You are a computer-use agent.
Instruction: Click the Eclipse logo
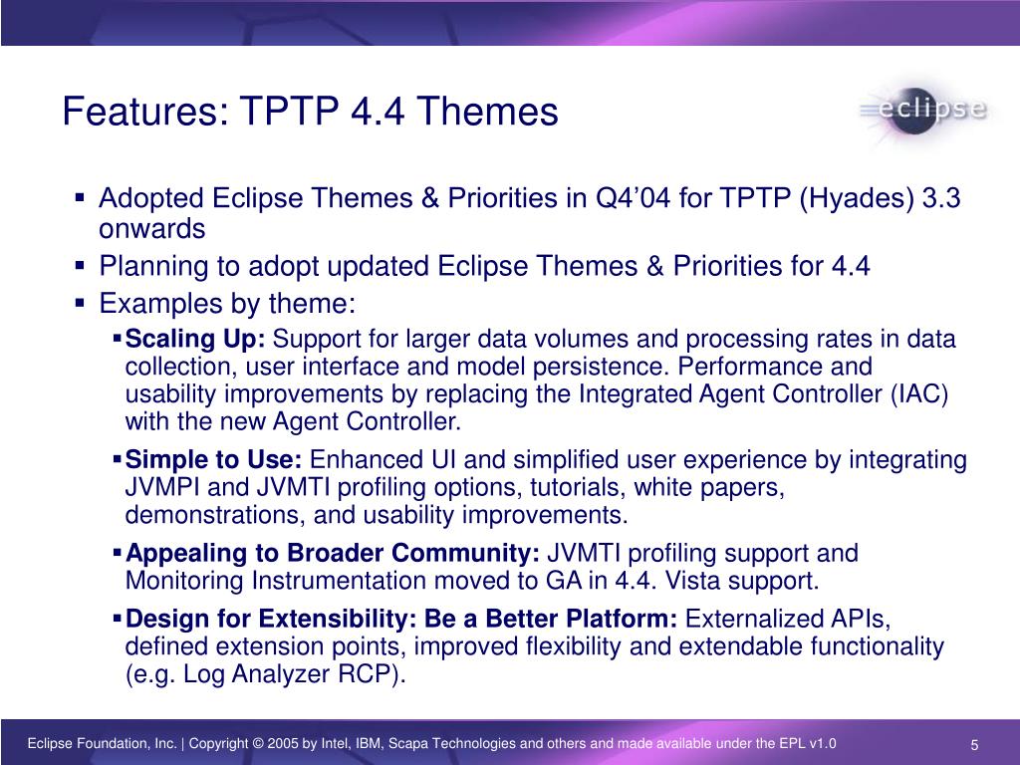tap(922, 112)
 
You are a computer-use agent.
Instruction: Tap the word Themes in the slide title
tap(487, 111)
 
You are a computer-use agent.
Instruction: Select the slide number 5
tap(974, 745)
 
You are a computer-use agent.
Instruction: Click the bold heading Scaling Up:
tap(195, 340)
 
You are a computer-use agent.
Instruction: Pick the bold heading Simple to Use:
tap(213, 459)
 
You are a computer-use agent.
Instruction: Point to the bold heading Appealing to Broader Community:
tap(333, 554)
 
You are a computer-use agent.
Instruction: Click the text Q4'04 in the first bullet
tap(633, 198)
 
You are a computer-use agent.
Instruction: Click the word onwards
tap(152, 229)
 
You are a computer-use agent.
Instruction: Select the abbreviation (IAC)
tap(919, 394)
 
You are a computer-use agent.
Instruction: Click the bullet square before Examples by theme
tap(80, 303)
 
